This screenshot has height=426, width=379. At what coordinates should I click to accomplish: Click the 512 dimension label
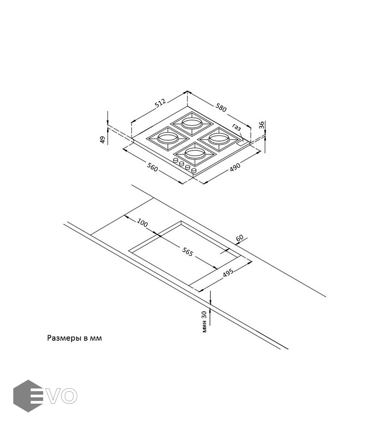click(x=160, y=103)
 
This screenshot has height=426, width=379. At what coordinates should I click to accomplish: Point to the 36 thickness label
click(x=262, y=125)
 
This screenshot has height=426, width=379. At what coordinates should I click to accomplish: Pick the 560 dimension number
click(x=152, y=167)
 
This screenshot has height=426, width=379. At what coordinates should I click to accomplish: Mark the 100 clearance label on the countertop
click(x=142, y=222)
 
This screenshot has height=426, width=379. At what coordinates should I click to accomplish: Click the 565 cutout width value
click(x=187, y=252)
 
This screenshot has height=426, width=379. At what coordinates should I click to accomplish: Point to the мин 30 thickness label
click(x=204, y=321)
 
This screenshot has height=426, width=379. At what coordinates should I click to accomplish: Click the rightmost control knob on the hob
click(x=194, y=170)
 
